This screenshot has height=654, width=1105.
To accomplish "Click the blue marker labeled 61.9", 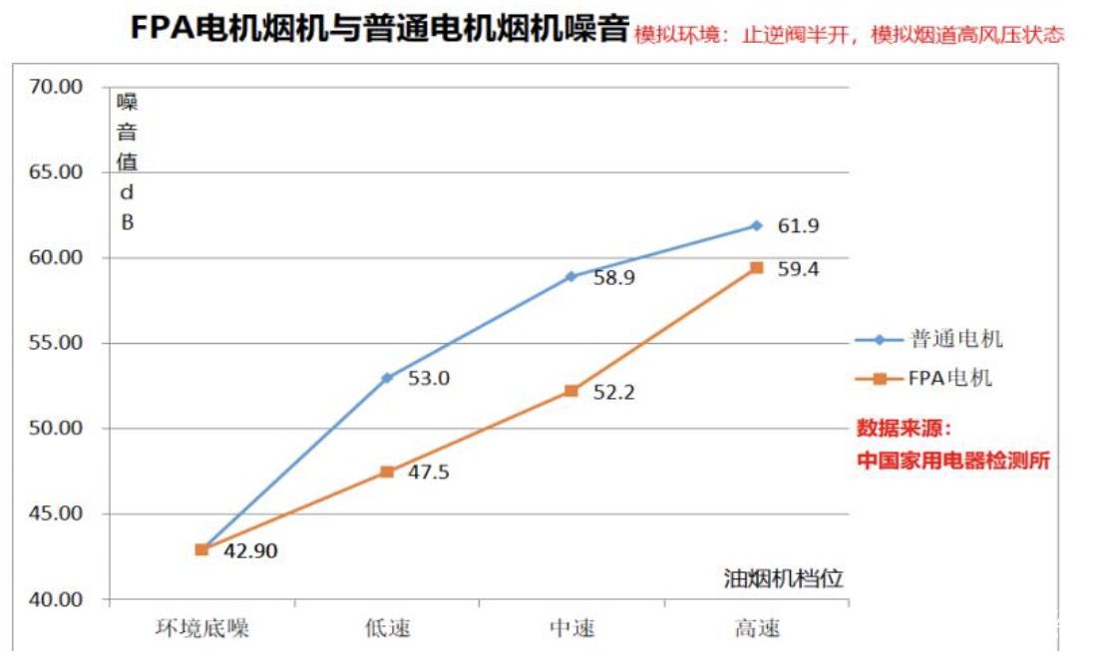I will click(756, 225).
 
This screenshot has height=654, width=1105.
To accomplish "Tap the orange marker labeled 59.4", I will click(756, 267).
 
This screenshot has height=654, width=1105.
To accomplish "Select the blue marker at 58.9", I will click(570, 276).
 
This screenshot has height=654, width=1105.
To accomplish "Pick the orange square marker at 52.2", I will click(570, 391).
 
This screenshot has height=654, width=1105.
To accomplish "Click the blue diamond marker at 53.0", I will click(386, 378).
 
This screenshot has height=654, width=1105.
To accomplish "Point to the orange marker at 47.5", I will click(386, 472).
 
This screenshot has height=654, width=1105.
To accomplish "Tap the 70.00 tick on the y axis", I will click(56, 87).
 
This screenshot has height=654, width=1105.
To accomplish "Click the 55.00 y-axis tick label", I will click(56, 343).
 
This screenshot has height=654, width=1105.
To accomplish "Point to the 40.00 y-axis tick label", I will click(56, 600).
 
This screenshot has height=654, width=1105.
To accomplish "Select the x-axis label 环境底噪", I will click(201, 628).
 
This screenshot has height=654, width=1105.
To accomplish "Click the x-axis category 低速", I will click(387, 628).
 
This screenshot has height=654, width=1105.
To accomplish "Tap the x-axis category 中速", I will click(571, 628).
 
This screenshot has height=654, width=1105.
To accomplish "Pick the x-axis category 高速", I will click(757, 628).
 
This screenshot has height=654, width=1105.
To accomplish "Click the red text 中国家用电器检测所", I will click(953, 462).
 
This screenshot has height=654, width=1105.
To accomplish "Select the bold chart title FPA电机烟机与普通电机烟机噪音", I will click(380, 29).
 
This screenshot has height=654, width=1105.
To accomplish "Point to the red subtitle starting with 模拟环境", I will click(850, 34).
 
